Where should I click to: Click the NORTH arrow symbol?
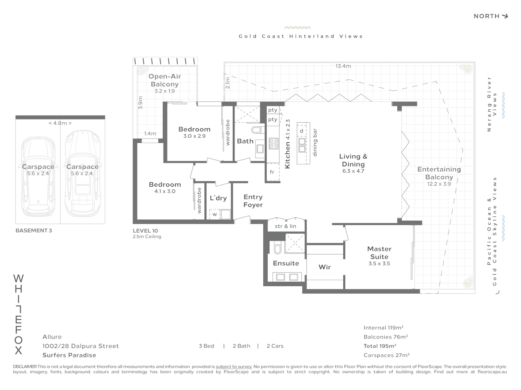pos(504,16)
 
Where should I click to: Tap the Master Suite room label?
pos(379,253)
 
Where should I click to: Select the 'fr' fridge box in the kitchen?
pos(272,172)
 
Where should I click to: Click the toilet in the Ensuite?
pos(277,248)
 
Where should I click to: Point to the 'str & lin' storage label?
pos(285,226)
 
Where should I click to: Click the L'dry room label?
pos(218,198)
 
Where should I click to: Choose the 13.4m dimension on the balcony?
pos(343,66)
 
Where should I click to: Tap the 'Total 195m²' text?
pos(380,346)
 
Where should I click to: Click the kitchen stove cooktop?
pos(274,144)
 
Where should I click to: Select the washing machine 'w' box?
pos(215,214)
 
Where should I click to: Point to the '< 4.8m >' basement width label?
pos(60,123)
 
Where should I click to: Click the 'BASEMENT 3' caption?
pos(34,230)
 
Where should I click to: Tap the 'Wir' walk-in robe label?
pos(325,267)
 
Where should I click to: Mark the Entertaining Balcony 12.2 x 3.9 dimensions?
pos(439,184)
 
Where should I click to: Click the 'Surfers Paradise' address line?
pos(69,355)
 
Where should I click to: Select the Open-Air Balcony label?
pos(165,80)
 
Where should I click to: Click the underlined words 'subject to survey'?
pos(234,367)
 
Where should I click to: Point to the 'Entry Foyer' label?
pos(253,201)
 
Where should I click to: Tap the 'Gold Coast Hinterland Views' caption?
pos(301,36)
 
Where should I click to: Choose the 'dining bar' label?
pos(315,143)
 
